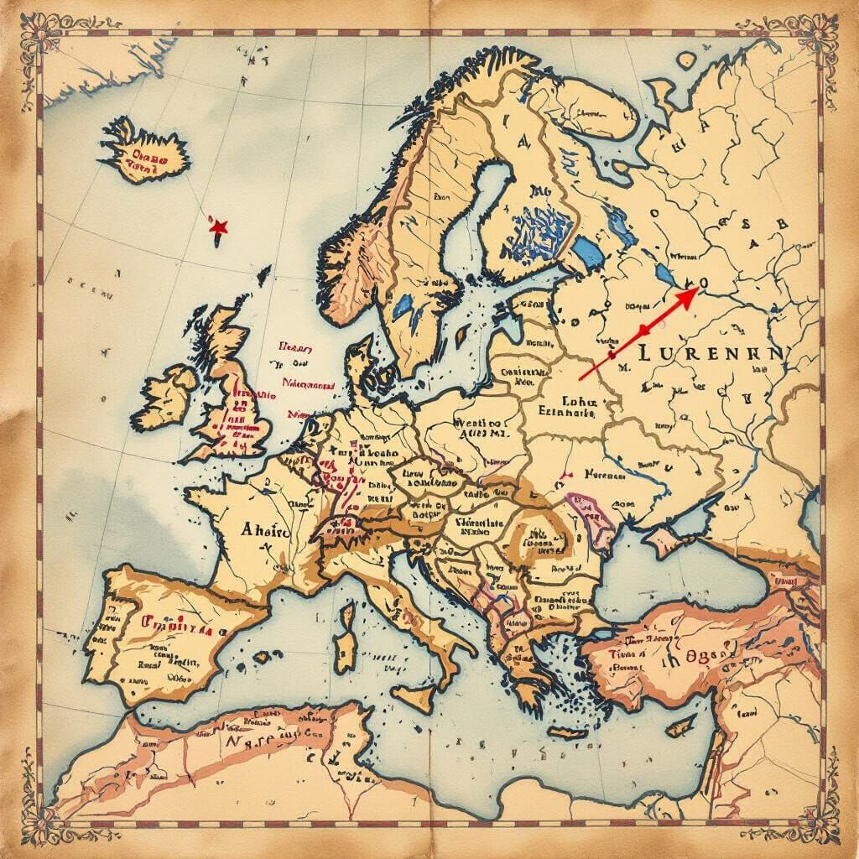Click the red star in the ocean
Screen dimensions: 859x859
[219, 226]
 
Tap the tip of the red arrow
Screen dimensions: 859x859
[697, 286]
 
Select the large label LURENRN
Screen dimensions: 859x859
[710, 354]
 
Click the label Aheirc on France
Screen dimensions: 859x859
[264, 530]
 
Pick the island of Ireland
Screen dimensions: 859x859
[169, 395]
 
